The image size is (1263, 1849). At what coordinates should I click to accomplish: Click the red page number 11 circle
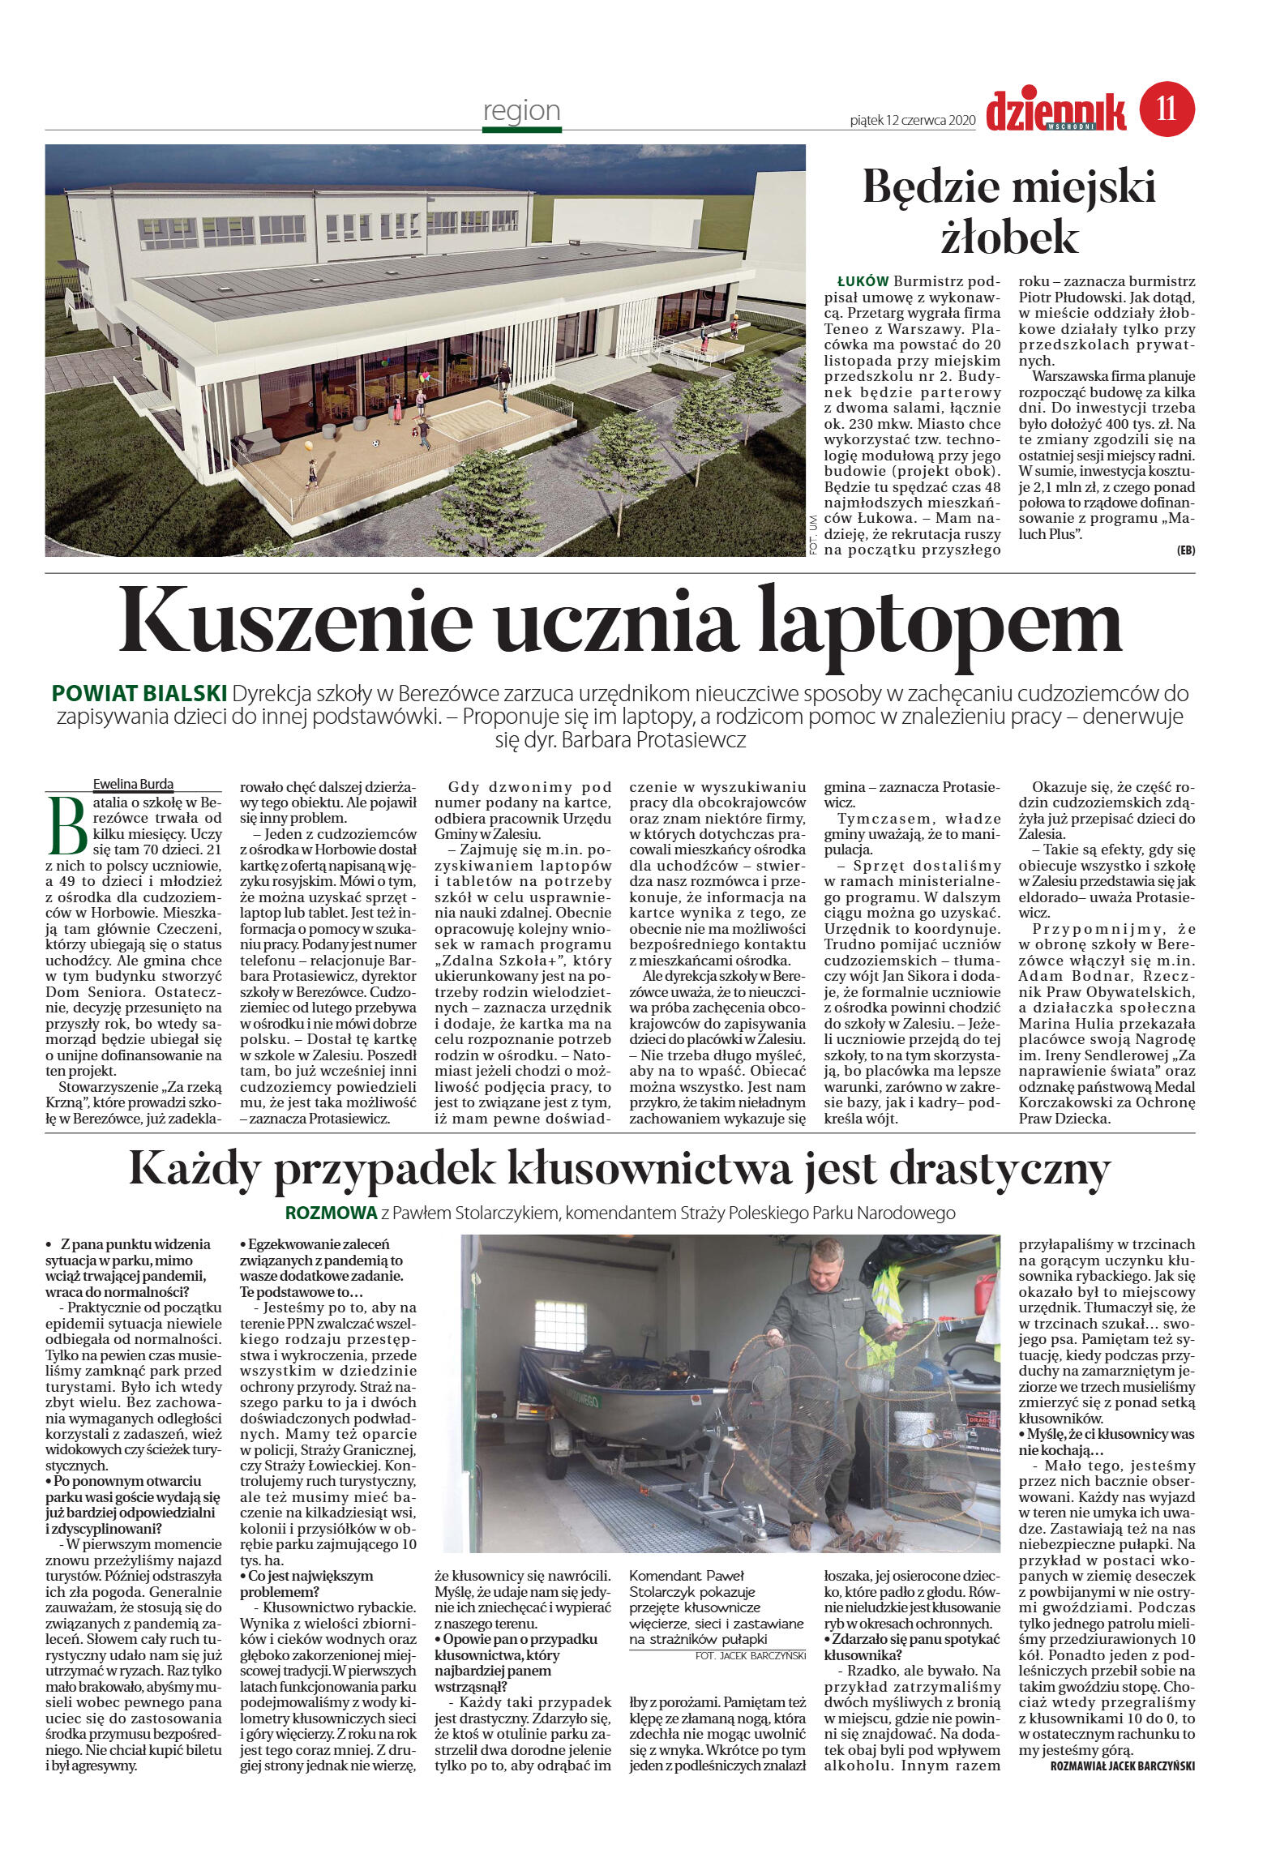(x=1167, y=109)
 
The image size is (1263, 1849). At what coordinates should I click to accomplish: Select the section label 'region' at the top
(x=521, y=110)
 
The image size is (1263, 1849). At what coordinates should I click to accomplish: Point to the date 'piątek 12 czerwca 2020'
(x=911, y=120)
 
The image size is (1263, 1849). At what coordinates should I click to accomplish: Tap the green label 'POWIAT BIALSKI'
(x=139, y=694)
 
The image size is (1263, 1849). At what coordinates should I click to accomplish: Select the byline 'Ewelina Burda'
(x=133, y=784)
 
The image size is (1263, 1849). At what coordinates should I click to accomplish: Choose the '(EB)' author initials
(x=1185, y=550)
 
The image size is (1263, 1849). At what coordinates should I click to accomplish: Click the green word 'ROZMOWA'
(x=331, y=1213)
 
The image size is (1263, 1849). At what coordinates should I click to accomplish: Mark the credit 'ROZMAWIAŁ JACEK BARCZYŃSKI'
(x=1122, y=1766)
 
